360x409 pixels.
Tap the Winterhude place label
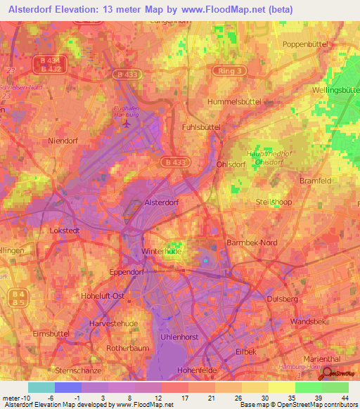(162, 251)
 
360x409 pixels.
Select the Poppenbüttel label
(306, 44)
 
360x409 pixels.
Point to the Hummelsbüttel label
(235, 102)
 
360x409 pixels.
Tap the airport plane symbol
(127, 124)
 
